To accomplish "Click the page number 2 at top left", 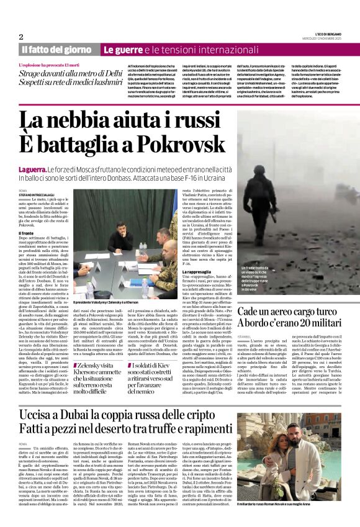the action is click(x=21, y=37).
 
